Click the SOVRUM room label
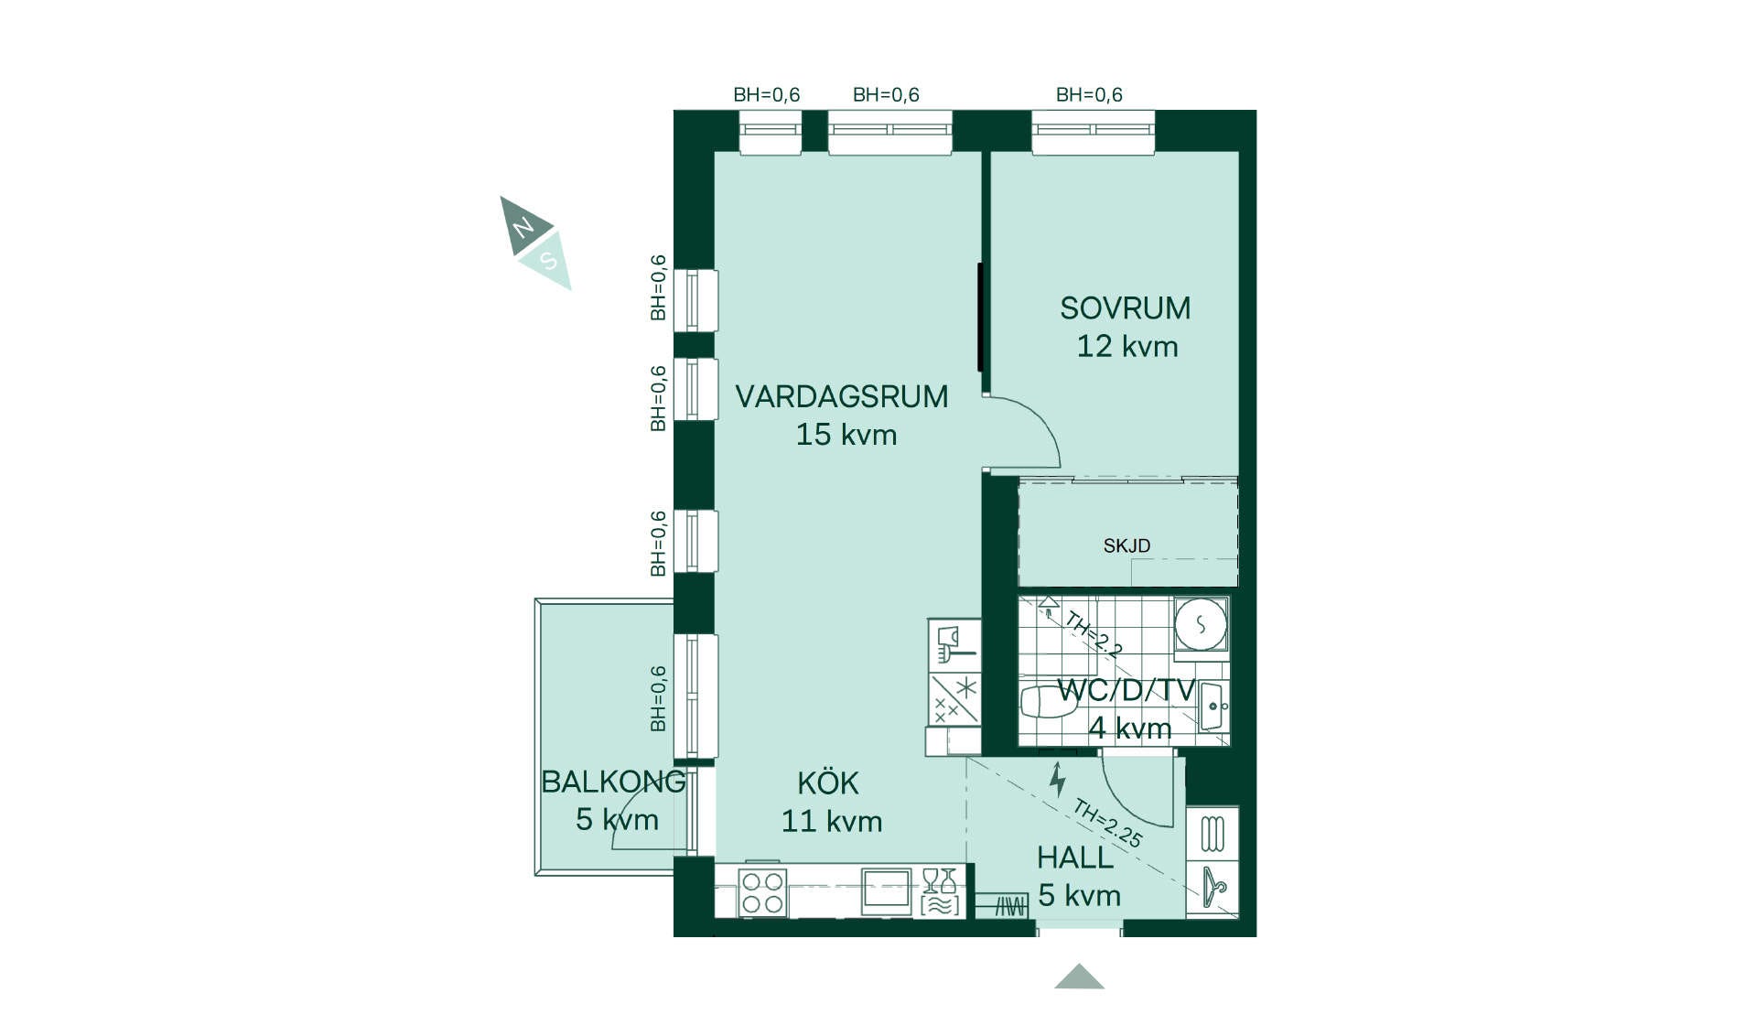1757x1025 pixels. [1125, 308]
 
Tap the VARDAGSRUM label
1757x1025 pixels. [841, 396]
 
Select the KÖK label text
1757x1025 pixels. [828, 782]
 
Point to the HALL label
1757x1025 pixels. [1074, 858]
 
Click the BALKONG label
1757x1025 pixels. [613, 782]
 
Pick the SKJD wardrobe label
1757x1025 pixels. [1126, 545]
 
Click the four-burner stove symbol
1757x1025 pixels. [762, 892]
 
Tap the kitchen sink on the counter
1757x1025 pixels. [886, 890]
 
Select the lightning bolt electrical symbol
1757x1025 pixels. [1058, 780]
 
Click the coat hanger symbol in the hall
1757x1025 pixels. [1213, 886]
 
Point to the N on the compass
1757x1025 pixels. [523, 226]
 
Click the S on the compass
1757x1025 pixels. [548, 261]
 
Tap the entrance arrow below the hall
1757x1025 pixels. [1079, 976]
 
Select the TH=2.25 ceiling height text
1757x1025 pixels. [1107, 824]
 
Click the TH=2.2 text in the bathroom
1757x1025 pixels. [1094, 634]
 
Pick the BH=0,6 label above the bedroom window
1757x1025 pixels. [1089, 94]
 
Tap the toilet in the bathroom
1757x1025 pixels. [1043, 702]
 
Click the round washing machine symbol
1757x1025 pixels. [1201, 625]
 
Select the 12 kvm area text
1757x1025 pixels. [1126, 347]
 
